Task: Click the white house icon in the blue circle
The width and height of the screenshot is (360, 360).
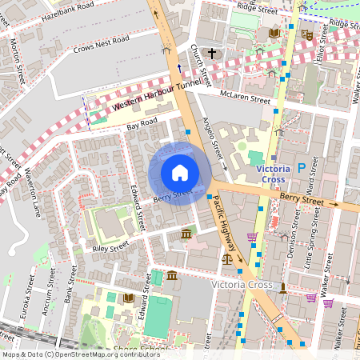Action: (180, 172)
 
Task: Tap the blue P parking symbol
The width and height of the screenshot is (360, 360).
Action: (302, 168)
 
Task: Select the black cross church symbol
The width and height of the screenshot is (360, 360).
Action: (212, 54)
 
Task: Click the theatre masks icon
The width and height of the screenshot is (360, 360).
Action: (305, 34)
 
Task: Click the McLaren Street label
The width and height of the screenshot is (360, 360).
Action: (246, 98)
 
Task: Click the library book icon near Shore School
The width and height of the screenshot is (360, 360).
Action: (127, 298)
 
